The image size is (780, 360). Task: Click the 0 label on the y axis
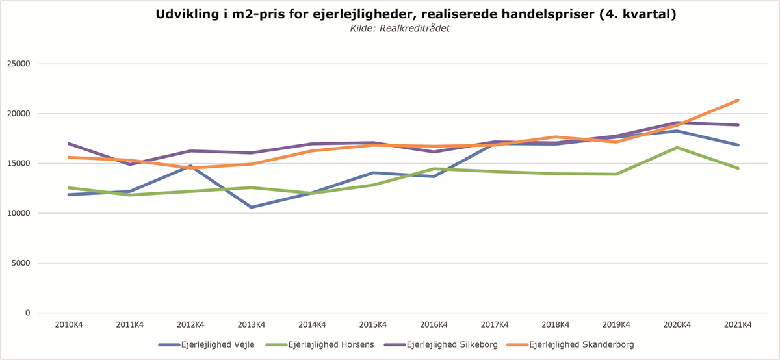pyautogui.click(x=28, y=313)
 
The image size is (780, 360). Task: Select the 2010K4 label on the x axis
pyautogui.click(x=68, y=324)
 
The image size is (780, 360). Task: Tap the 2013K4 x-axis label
pyautogui.click(x=251, y=324)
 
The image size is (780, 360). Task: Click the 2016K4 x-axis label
pyautogui.click(x=434, y=324)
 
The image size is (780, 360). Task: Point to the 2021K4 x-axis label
pyautogui.click(x=738, y=324)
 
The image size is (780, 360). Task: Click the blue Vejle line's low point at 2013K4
pyautogui.click(x=251, y=207)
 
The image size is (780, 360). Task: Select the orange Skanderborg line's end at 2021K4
pyautogui.click(x=738, y=100)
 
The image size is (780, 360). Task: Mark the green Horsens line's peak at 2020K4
pyautogui.click(x=677, y=148)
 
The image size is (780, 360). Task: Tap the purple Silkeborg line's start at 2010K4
pyautogui.click(x=68, y=144)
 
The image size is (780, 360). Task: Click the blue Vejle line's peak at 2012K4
pyautogui.click(x=190, y=166)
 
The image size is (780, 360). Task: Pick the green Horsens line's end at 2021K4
pyautogui.click(x=738, y=168)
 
